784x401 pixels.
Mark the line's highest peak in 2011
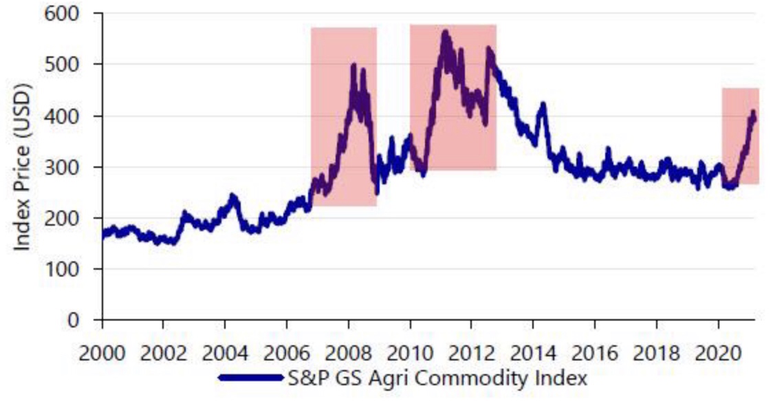point(445,32)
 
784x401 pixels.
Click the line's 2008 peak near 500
point(353,65)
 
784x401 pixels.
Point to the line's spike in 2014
point(543,105)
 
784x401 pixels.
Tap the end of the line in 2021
point(754,118)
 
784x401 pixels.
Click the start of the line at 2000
point(103,235)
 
